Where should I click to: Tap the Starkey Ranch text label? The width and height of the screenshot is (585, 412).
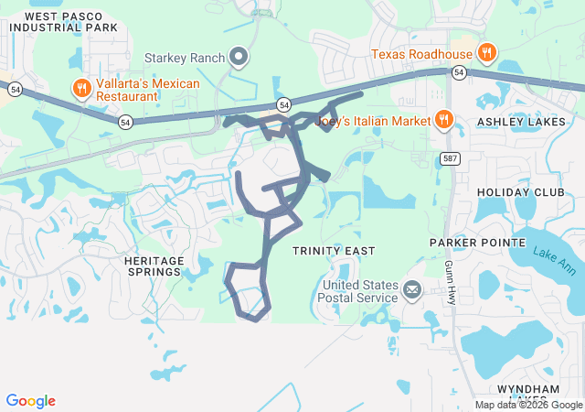point(185,58)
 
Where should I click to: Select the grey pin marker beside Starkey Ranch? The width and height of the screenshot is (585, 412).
point(239,58)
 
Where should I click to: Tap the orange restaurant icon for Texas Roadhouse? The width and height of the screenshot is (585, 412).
point(487,53)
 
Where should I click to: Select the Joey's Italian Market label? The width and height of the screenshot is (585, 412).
point(372,119)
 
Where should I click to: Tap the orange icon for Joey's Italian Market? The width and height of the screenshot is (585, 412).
point(443,119)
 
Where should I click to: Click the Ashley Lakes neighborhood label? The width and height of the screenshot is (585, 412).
point(522,122)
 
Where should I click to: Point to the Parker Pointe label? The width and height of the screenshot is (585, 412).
point(478,243)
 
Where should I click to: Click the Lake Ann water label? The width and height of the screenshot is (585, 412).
point(554,265)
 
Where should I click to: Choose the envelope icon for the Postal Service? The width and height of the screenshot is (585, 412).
point(412,291)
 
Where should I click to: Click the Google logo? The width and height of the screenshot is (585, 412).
point(31,401)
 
